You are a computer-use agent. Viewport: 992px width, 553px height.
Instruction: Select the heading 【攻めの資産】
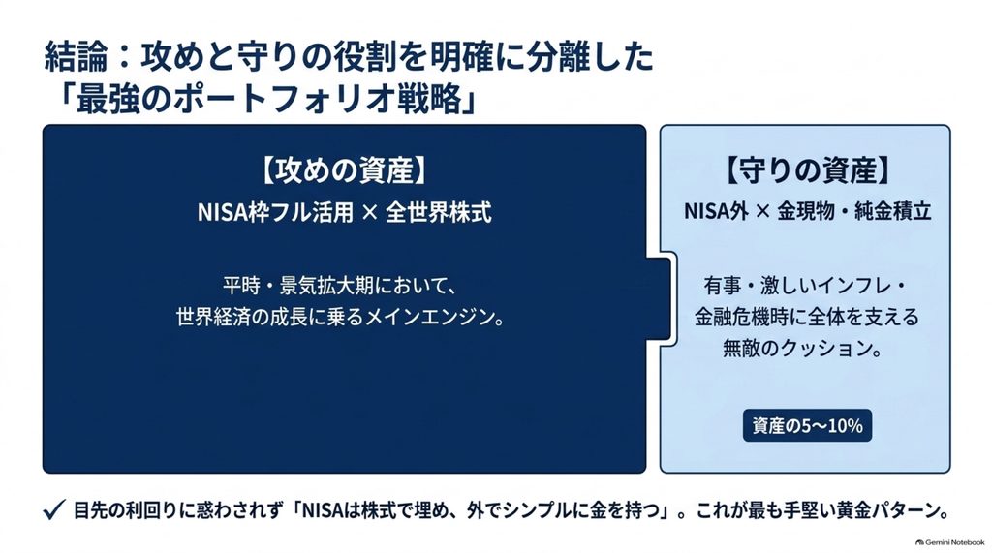click(344, 170)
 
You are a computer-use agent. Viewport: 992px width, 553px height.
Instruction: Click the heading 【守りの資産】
click(807, 170)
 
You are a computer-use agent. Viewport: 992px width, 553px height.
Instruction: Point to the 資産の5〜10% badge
click(807, 426)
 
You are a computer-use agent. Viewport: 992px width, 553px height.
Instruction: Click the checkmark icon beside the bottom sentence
click(54, 510)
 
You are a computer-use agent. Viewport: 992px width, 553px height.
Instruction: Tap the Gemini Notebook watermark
click(949, 542)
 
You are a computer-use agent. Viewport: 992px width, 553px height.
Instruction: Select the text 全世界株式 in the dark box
click(439, 213)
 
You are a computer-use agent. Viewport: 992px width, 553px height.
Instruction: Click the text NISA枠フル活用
click(275, 213)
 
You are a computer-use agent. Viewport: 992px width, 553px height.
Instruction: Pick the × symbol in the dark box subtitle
click(369, 213)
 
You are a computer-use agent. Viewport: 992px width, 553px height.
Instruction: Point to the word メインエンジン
click(427, 317)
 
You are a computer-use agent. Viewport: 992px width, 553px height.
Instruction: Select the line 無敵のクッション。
click(802, 348)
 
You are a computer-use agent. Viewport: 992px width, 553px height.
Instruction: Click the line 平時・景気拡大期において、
click(339, 286)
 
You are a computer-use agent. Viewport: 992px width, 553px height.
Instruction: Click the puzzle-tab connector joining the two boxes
click(661, 298)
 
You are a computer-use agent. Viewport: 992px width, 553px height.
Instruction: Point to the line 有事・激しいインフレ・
click(807, 286)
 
